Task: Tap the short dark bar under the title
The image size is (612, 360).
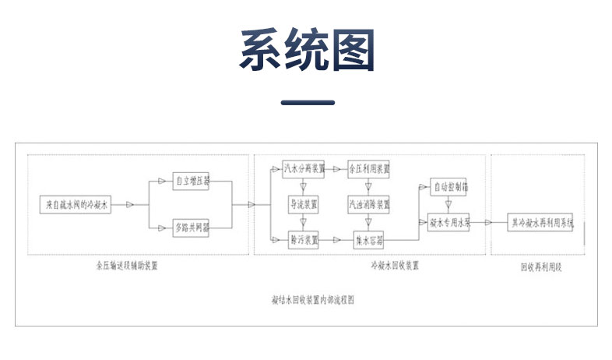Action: point(306,103)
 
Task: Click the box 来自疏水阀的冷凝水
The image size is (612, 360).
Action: point(76,204)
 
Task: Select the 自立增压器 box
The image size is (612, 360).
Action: point(192,182)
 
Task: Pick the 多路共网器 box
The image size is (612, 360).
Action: point(192,227)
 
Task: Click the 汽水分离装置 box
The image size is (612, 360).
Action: point(304,168)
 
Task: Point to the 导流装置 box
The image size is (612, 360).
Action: point(304,204)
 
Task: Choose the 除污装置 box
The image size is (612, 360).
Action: point(304,241)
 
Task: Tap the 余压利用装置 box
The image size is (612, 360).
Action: point(369,168)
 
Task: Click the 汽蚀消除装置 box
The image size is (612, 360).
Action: point(369,204)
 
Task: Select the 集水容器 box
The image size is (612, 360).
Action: point(369,241)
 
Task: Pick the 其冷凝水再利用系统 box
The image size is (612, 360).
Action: point(541,223)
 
